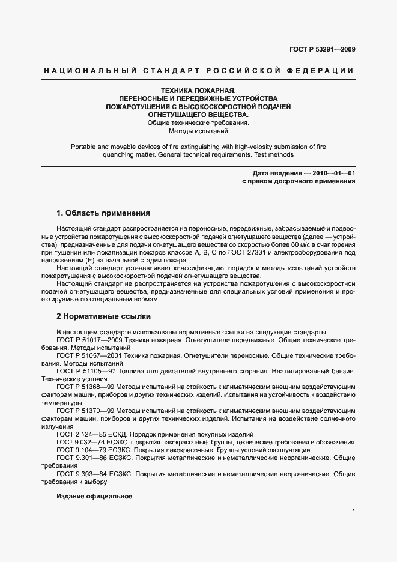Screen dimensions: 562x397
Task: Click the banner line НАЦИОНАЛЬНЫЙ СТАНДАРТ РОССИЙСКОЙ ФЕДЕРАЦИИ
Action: click(x=198, y=71)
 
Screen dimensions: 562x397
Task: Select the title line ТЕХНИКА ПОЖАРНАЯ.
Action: click(x=198, y=89)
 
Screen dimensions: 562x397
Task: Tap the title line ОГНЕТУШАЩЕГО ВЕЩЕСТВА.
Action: click(x=198, y=115)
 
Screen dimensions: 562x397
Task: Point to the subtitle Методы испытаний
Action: click(x=198, y=131)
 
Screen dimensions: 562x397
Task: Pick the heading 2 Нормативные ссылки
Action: click(x=103, y=316)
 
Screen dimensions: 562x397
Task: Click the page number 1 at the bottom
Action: click(x=353, y=512)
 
